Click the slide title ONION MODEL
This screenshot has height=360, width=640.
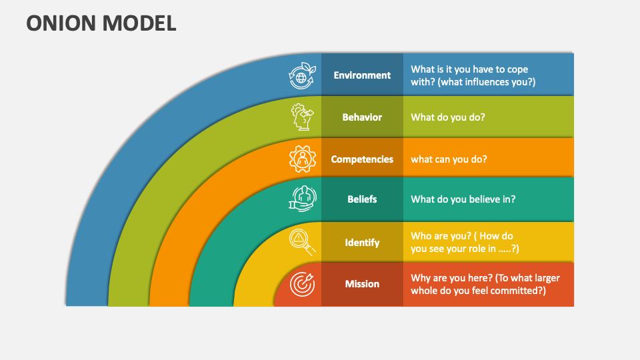tap(101, 23)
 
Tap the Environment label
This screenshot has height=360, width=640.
tap(362, 75)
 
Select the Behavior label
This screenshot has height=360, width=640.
tap(362, 117)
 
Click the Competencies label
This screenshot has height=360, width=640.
tap(362, 159)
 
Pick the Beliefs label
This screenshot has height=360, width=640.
tap(362, 199)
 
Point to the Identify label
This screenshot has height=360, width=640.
tap(362, 243)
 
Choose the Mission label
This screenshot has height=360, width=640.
tap(362, 284)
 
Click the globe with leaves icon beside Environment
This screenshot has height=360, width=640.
tap(301, 76)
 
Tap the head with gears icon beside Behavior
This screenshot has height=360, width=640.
tap(301, 117)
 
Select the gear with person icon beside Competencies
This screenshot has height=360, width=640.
tap(301, 159)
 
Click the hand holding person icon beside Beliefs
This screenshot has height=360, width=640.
tap(301, 199)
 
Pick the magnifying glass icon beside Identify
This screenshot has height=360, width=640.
tap(301, 242)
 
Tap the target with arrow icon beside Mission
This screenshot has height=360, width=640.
tap(301, 284)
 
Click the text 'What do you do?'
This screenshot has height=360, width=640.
tap(448, 117)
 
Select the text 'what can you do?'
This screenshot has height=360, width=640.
tap(449, 159)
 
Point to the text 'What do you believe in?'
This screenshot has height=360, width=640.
tap(463, 199)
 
